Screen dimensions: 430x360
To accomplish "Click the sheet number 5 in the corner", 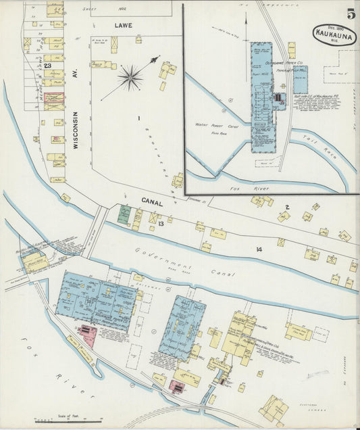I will tap(351, 14).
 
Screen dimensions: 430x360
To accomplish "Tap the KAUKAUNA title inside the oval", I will tap(332, 31).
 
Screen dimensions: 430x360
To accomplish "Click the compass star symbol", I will tap(130, 77).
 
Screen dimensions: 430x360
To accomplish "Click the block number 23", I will tap(48, 66).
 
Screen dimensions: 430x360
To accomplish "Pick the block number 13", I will tap(160, 223).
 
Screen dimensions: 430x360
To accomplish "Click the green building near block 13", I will tap(124, 214).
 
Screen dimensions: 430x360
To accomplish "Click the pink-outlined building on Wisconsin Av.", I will tap(55, 98).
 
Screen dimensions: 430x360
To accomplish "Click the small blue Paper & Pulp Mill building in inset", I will tap(301, 79).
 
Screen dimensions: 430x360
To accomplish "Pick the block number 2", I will tap(286, 207).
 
